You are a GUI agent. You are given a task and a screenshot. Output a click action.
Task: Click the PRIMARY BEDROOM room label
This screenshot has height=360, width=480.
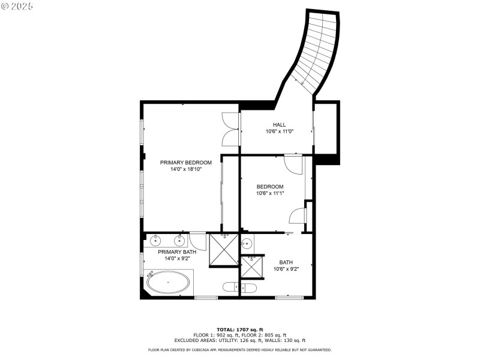185,163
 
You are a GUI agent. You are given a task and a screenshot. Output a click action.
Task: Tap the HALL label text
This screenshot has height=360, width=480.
279,125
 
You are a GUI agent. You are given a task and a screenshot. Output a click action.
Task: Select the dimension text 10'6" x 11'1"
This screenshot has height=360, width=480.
270,193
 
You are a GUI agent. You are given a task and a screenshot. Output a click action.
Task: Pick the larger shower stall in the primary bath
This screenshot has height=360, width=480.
223,250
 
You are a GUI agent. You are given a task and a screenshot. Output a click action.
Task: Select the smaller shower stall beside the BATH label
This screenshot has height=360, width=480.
251,266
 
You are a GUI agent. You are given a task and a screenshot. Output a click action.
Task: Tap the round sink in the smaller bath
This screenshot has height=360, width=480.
247,244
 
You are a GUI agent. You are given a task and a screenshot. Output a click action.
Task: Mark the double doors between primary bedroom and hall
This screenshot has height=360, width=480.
230,129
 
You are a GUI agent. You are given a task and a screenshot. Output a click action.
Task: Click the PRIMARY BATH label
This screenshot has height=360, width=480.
177,252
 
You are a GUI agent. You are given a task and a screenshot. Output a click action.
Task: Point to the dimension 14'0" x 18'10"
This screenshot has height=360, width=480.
185,170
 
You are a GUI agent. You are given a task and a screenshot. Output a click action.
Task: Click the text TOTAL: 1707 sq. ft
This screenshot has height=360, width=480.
239,329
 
